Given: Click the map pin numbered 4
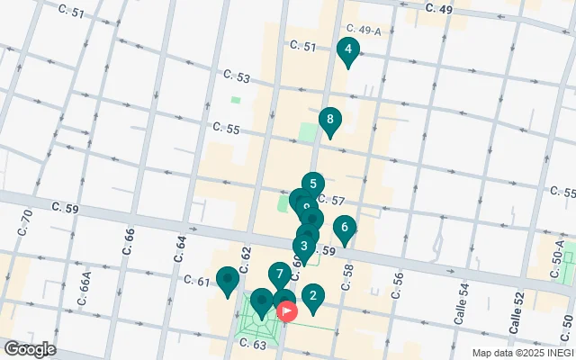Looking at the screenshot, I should click(347, 51).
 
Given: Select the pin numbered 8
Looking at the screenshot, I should click(330, 120).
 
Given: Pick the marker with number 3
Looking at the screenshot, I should click(304, 247).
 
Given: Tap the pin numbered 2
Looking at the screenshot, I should click(312, 295).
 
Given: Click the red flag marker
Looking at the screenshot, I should click(288, 312).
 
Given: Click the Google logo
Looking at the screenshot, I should click(29, 349).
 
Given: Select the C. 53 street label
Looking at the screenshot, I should click(238, 76).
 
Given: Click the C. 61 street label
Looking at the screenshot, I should click(196, 281).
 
